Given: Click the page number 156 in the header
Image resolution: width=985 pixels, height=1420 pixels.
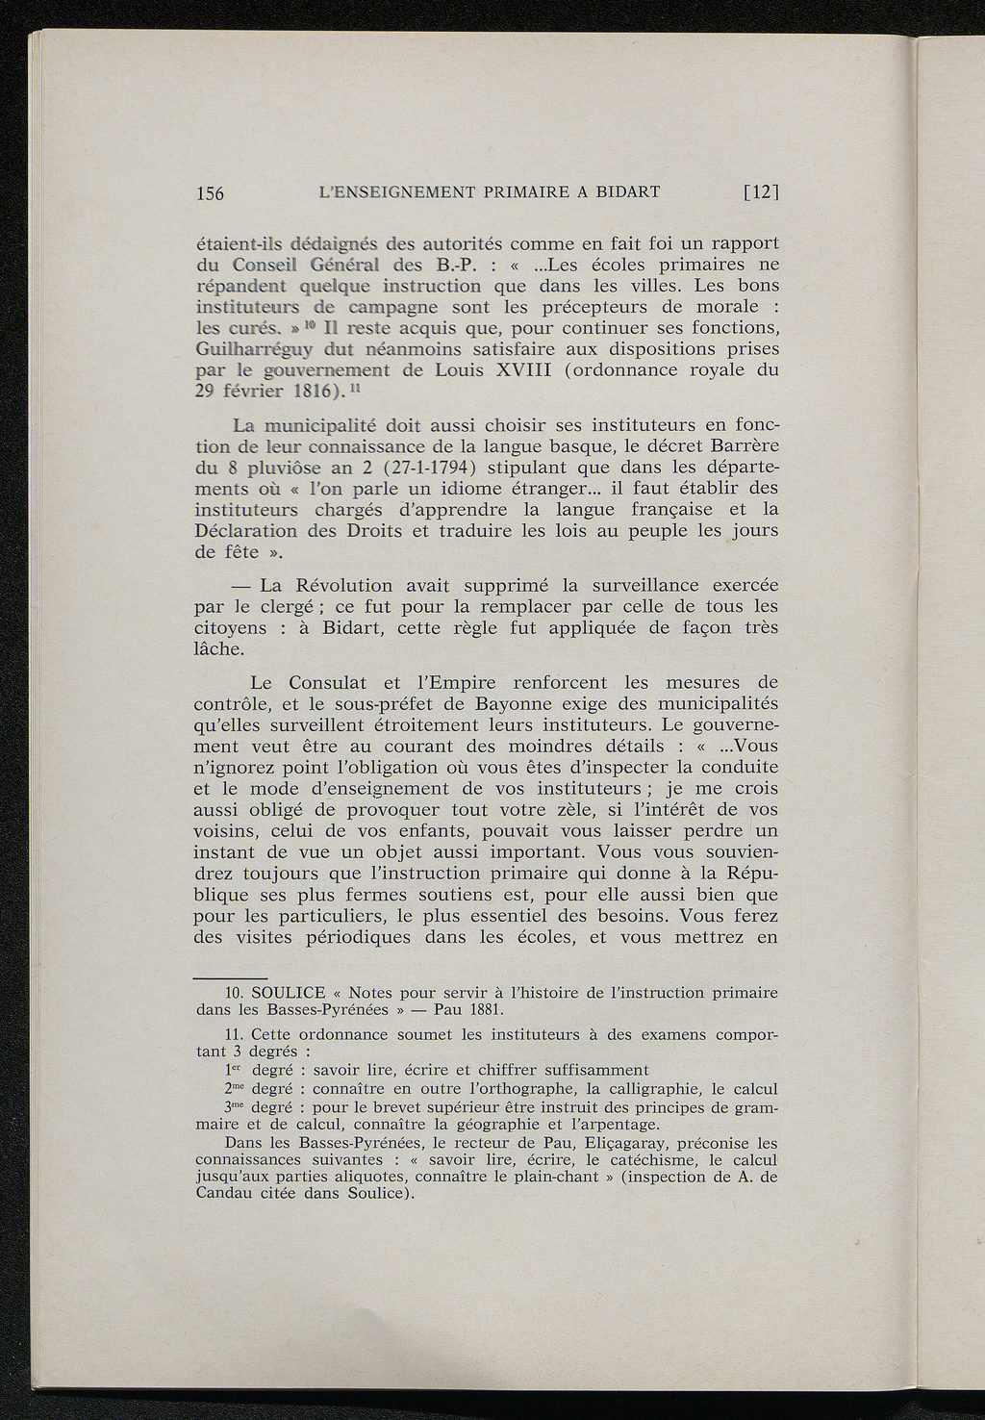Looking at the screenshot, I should coord(210,193).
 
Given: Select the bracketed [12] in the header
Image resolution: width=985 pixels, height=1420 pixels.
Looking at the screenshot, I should coord(760,192).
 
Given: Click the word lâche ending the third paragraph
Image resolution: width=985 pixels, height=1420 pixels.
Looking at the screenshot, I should coord(218,649).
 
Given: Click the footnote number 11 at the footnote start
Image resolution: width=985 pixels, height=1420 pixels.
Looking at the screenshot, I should coord(230,1035).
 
